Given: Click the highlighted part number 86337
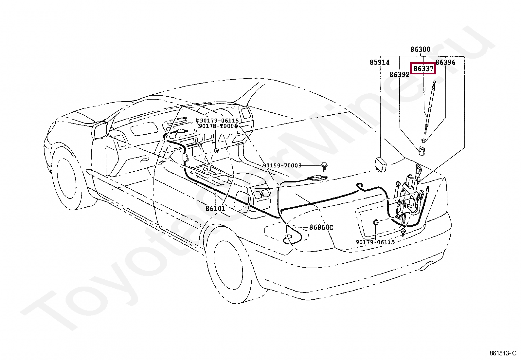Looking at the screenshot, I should (x=423, y=69).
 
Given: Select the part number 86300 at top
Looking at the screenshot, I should (x=421, y=49).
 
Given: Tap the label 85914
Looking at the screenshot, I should (x=380, y=62).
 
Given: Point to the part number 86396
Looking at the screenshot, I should (x=446, y=62).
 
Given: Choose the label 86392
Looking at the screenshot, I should (x=399, y=75).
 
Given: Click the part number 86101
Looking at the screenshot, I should (x=215, y=208).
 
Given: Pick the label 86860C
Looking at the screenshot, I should (x=321, y=227).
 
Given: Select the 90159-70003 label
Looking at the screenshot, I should (x=282, y=166).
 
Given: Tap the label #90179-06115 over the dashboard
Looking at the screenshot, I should (x=217, y=121).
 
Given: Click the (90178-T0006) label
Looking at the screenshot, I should (x=217, y=126).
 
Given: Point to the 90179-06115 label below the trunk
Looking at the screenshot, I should (x=375, y=242).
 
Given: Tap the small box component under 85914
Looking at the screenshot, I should (x=380, y=163).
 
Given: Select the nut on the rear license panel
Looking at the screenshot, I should (x=376, y=223).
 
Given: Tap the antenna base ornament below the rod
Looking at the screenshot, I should (x=421, y=151).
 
